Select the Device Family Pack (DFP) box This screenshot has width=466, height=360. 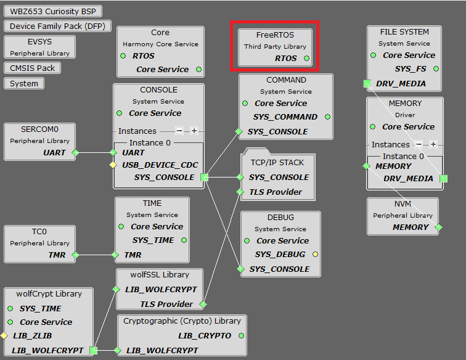point(57,27)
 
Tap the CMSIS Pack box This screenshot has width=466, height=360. point(33,68)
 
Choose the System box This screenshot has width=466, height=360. point(24,83)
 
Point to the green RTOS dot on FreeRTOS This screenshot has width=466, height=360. point(306,59)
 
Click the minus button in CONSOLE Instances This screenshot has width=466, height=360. point(179,131)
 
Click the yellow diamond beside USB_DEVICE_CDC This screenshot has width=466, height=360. point(113,165)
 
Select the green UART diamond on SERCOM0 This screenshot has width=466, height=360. point(75,152)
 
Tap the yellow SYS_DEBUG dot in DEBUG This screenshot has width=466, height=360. point(315,254)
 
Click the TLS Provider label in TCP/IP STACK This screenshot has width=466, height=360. point(276,192)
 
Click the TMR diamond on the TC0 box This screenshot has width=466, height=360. point(75,255)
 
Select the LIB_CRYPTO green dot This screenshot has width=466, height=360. point(241,336)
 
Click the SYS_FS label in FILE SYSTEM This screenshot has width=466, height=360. point(410,69)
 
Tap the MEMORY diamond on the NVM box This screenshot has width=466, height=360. point(438,227)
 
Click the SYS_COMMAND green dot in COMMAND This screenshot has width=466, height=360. point(327,117)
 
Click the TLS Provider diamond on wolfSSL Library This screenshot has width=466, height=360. point(203,305)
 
